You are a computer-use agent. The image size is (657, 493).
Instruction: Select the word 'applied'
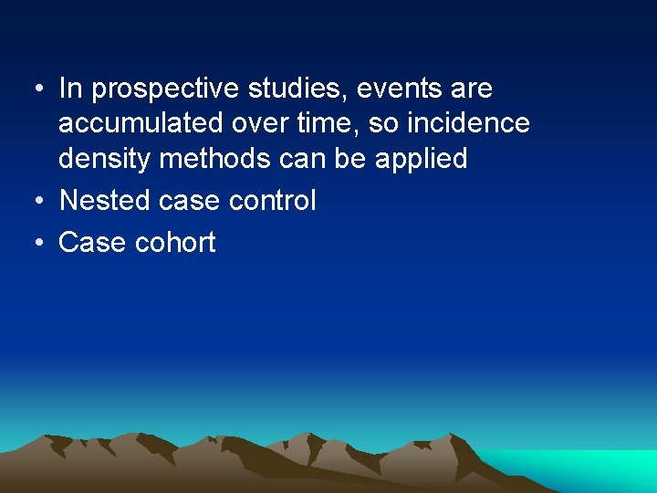coord(419,159)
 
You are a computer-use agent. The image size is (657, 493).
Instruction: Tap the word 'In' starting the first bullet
coord(70,89)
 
